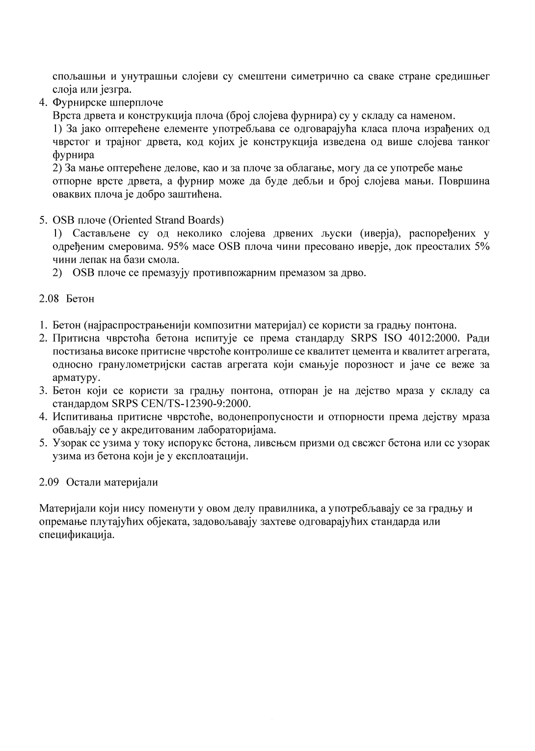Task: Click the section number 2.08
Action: pos(49,298)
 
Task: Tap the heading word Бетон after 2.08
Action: pos(80,298)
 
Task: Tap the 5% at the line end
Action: pos(482,246)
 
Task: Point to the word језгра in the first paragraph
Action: pos(116,90)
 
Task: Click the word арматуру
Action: pos(75,378)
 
